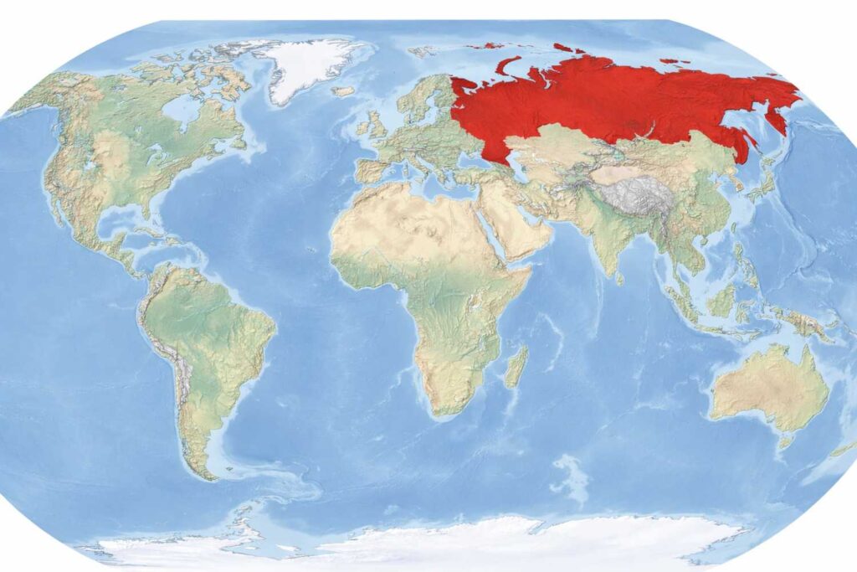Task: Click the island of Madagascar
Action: click(x=517, y=367)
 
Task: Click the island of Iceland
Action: click(x=343, y=90)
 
